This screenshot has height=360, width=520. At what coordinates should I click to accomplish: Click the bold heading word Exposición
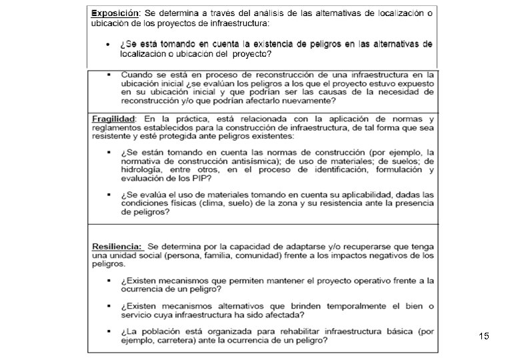tap(115, 13)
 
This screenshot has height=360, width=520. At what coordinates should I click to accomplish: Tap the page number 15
tap(484, 337)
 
